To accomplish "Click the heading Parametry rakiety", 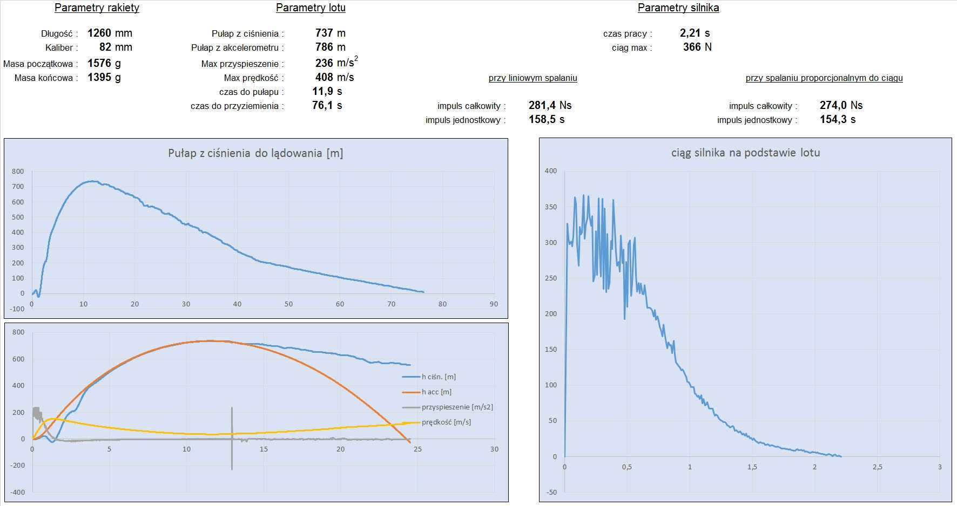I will tap(97, 8).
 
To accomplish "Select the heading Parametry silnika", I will tap(678, 8).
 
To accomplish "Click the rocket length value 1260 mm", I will tap(110, 33).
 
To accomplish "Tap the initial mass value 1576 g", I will tap(104, 63).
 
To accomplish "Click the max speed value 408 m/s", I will tap(334, 77).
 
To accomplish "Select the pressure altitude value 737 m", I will tap(330, 33).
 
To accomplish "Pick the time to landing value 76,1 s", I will tap(327, 105).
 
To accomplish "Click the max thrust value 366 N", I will tap(697, 47).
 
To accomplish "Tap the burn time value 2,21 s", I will tap(695, 33).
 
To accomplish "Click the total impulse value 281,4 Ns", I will tap(550, 105).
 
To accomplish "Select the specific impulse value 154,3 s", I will tap(837, 119).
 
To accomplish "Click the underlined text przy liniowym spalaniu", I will tap(533, 78).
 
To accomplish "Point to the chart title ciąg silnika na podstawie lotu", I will tap(745, 153).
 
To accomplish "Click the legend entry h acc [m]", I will tap(436, 392).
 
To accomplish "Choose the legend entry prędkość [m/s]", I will tap(446, 422).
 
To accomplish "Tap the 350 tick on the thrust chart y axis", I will tap(550, 207).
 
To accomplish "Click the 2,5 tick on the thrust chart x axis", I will tap(877, 467).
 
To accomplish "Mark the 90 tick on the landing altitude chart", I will tap(494, 304).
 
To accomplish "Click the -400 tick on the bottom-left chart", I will tap(18, 492).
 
